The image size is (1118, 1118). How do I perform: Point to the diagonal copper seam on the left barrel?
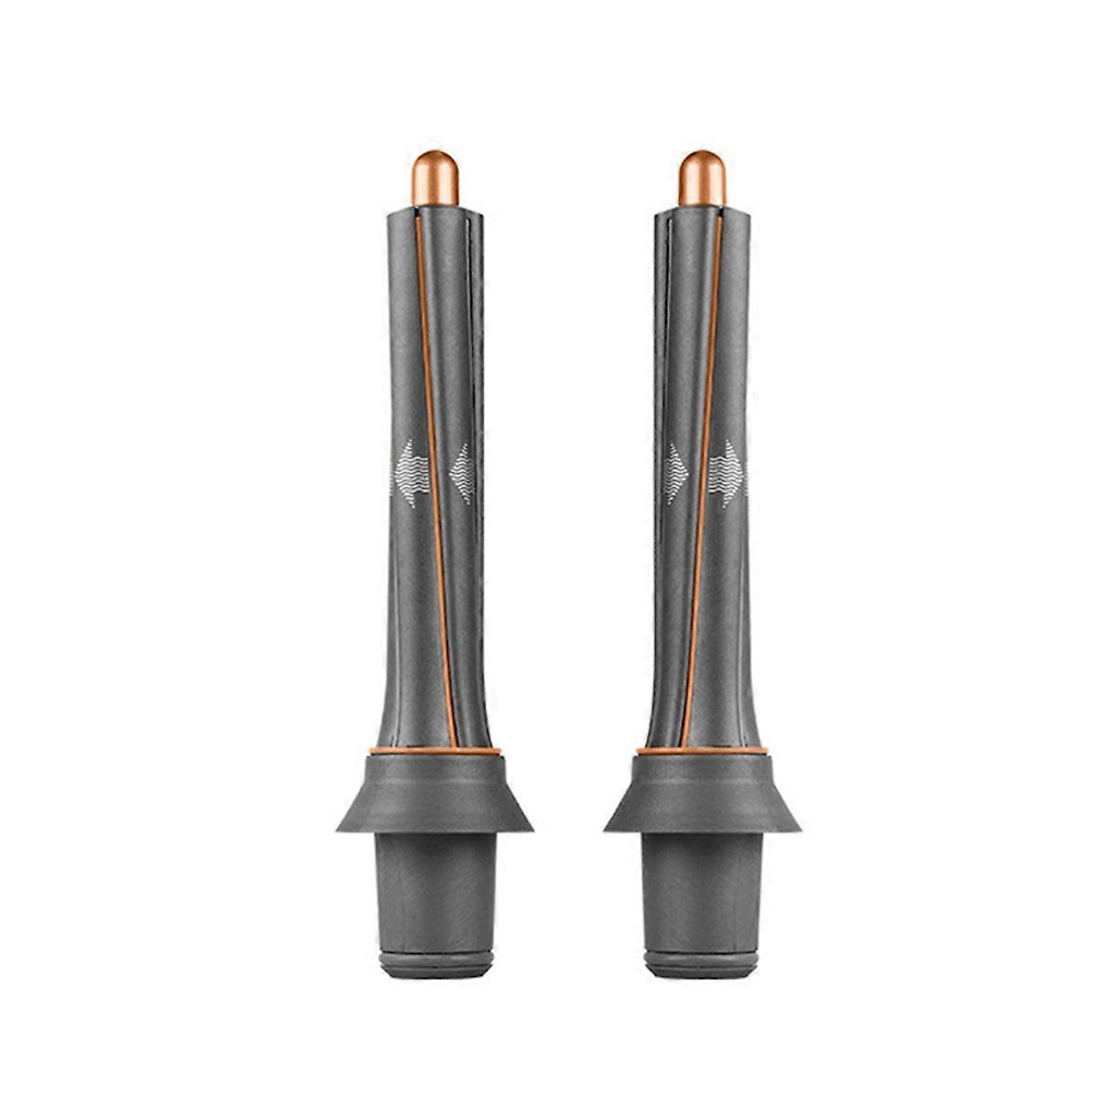point(434,466)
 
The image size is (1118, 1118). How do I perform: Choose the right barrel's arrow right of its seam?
point(728,473)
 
